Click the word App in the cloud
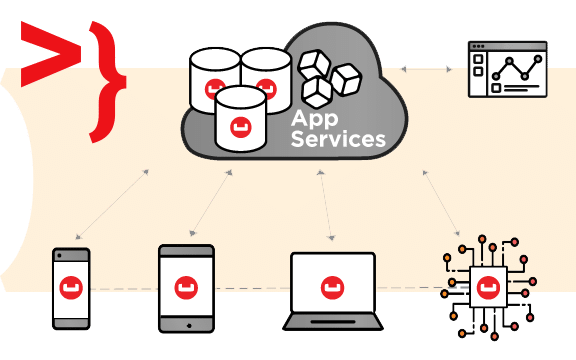tap(314, 119)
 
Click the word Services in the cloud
tap(338, 139)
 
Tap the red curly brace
tap(108, 82)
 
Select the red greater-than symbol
tap(51, 54)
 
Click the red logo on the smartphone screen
tap(71, 288)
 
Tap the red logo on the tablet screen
tap(186, 288)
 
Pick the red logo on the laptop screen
tap(332, 288)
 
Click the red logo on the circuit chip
tap(489, 288)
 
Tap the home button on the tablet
tap(189, 325)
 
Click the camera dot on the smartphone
tap(60, 255)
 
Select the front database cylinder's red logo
tap(241, 127)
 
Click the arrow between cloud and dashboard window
tap(426, 69)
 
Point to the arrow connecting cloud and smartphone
tap(112, 204)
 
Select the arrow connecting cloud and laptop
tap(326, 205)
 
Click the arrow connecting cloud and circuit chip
tap(441, 203)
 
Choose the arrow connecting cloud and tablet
tap(211, 203)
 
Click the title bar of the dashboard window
tap(508, 46)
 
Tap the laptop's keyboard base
tap(333, 322)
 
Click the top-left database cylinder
tap(215, 79)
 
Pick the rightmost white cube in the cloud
tap(346, 79)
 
